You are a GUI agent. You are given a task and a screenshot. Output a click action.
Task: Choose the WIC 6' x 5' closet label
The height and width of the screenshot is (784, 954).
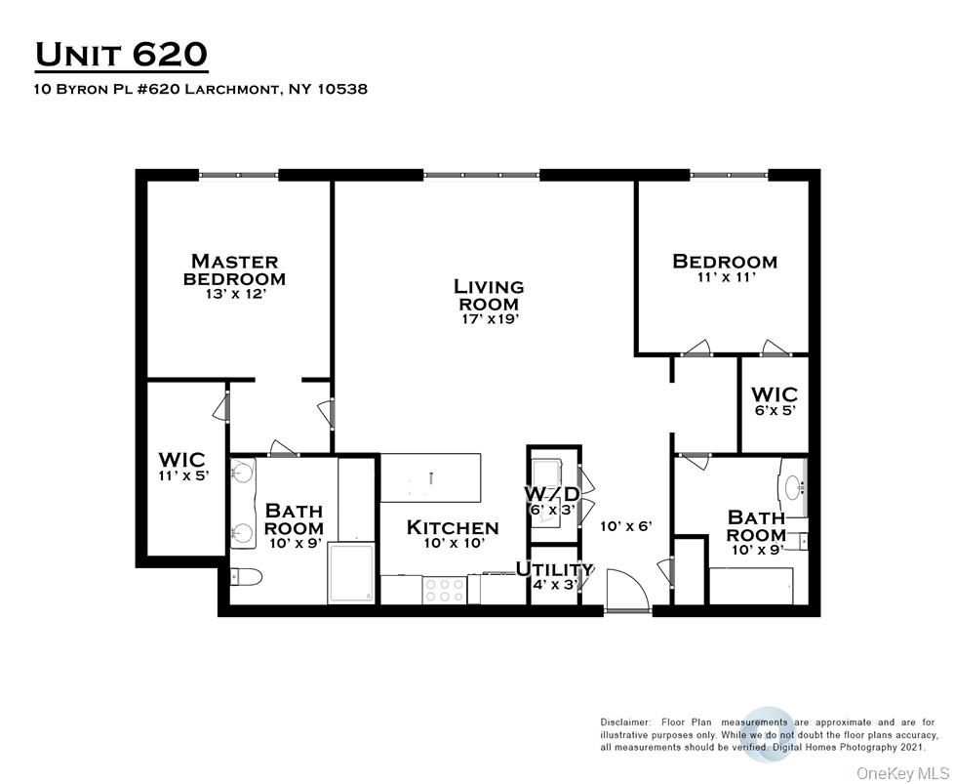[774, 412]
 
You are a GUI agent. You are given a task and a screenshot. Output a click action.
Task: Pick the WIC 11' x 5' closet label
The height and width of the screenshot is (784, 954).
[181, 476]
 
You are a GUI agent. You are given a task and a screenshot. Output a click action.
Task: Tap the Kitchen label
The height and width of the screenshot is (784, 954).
[452, 527]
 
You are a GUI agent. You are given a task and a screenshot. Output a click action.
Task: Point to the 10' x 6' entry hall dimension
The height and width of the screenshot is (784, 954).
[625, 525]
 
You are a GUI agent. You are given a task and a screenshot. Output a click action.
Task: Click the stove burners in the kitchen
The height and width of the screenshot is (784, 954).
[446, 590]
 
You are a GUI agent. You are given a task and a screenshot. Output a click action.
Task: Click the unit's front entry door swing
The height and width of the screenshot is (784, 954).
[623, 590]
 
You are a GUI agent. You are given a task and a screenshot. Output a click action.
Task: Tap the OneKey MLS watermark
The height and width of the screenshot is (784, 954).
[901, 772]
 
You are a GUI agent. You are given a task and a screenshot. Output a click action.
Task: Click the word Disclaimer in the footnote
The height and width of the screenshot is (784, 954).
[624, 722]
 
